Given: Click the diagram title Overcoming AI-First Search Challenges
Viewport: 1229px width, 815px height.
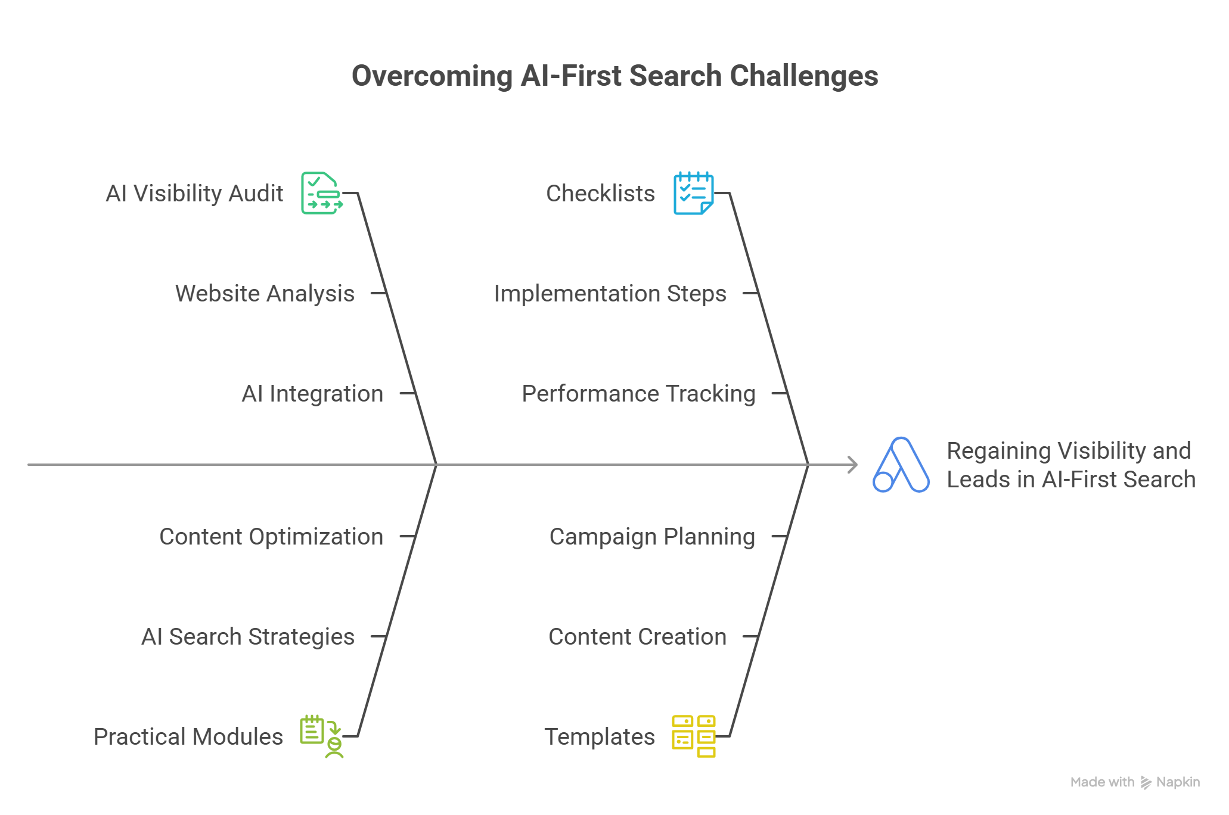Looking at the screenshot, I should [614, 76].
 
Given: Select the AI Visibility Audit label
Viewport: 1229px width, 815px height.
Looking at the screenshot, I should [194, 194].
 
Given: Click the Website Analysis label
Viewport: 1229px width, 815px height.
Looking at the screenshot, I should [265, 294].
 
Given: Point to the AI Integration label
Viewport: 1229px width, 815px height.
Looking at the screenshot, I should [312, 394].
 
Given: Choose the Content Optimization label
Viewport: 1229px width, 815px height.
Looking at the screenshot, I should [271, 537].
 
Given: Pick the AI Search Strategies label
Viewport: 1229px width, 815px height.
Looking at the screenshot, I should [248, 637].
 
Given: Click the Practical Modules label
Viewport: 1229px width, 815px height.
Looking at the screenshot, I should [188, 737].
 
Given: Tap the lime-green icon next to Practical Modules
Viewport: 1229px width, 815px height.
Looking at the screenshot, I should [322, 736].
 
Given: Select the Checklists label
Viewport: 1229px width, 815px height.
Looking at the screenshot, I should [600, 194].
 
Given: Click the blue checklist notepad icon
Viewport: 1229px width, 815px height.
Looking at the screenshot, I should [694, 193].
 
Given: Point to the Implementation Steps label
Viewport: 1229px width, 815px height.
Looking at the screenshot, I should [610, 294].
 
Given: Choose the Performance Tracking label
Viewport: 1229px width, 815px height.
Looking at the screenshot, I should [639, 394].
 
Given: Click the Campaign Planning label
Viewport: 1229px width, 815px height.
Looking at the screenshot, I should [652, 537].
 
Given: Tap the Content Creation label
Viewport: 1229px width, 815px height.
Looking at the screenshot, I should [637, 637].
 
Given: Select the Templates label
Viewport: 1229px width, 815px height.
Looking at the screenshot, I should [600, 737].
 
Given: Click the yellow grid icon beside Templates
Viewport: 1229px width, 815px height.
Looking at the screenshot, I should [694, 736].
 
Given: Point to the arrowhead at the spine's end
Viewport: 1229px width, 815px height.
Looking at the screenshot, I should [854, 465].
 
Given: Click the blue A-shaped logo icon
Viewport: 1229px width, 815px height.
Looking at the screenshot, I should [901, 465].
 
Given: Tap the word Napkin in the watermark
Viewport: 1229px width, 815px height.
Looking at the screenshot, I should [1178, 782].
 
